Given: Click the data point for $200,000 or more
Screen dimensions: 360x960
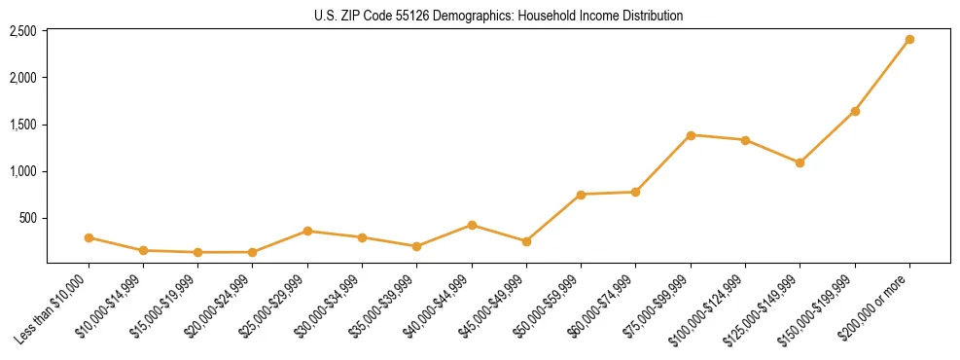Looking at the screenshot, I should point(909,40).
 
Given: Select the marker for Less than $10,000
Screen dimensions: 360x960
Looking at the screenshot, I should point(89,237).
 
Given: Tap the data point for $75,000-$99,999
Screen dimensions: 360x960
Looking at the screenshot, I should point(691,135).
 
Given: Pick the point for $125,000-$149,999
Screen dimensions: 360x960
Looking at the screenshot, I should point(800,162).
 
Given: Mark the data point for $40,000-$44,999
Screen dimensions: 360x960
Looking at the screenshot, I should point(472,225).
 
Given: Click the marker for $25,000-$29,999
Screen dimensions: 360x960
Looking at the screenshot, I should point(307,231).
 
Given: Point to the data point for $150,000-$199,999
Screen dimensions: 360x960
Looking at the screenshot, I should point(855,111).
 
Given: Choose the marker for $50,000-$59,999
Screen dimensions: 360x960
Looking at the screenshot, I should point(581,195).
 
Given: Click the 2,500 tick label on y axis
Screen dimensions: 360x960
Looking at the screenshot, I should point(23,31).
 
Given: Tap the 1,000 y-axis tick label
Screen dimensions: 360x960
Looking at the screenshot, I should point(23,171).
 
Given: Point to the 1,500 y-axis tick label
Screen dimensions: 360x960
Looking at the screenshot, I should point(23,125).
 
